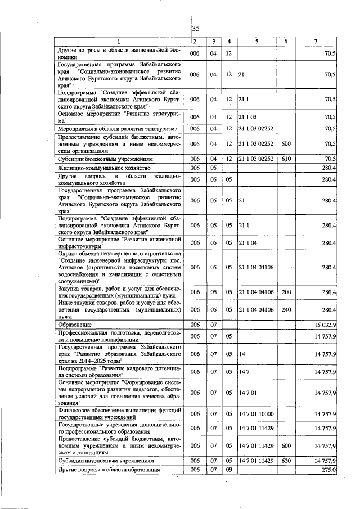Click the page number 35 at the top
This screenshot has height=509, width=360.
196,29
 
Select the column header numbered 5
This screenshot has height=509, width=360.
256,42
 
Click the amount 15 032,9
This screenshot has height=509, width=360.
324,325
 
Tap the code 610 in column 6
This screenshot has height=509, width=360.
285,159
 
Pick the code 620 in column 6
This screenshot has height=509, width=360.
285,460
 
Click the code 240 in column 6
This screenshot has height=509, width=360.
285,309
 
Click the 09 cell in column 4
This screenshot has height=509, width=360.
229,469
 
